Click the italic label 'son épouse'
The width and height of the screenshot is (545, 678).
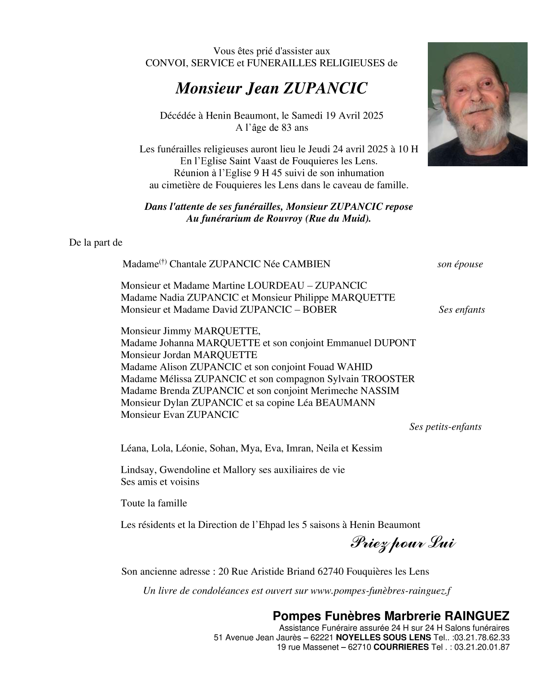[460, 264]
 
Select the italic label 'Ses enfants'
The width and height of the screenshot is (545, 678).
[461, 310]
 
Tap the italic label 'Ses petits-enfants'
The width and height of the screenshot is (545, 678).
[445, 427]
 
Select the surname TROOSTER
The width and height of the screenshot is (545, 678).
[388, 379]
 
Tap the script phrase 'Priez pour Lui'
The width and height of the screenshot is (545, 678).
[402, 544]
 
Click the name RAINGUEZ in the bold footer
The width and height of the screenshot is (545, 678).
[477, 616]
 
